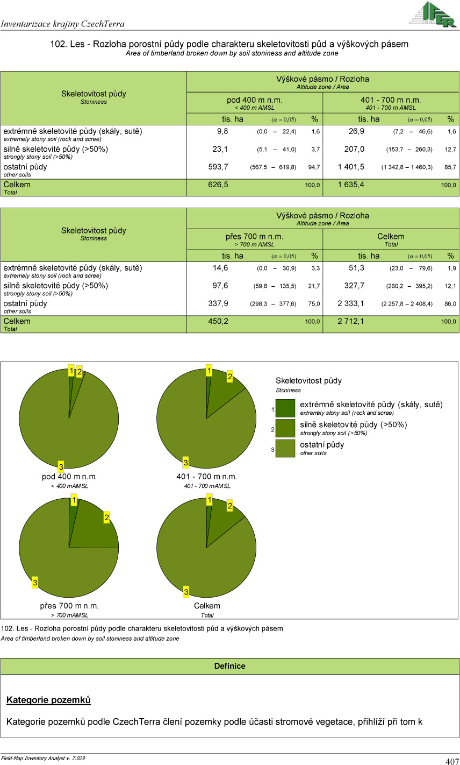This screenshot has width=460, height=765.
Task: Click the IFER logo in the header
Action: click(x=432, y=15)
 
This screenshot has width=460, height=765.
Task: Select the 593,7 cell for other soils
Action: click(x=218, y=167)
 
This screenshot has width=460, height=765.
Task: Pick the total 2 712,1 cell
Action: click(x=350, y=321)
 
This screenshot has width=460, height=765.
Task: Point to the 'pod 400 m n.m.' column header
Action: click(x=254, y=100)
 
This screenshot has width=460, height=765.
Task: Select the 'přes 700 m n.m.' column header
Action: click(x=255, y=237)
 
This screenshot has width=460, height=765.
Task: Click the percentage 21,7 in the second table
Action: click(x=314, y=286)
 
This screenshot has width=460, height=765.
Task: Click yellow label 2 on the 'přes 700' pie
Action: click(x=107, y=518)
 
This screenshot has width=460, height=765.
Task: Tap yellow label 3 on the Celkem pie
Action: click(x=186, y=592)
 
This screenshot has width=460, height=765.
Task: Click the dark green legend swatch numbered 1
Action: click(x=285, y=408)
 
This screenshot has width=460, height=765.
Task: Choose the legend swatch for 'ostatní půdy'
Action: click(x=285, y=448)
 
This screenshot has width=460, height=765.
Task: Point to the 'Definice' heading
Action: click(x=229, y=666)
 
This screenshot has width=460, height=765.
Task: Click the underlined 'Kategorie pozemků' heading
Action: click(x=48, y=700)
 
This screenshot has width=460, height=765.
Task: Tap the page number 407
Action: click(x=452, y=761)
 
